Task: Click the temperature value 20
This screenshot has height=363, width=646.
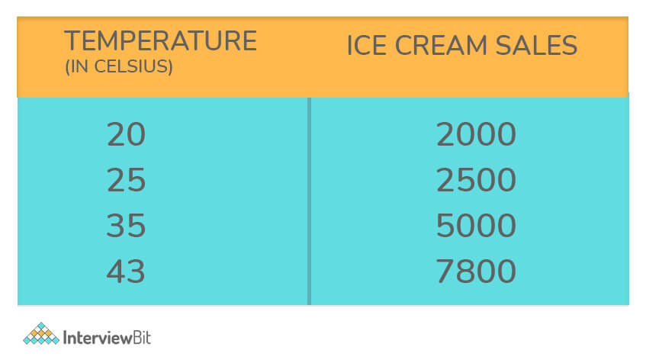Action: pos(126,134)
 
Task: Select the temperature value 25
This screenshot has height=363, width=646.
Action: pos(126,180)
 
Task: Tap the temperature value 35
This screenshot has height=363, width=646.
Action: pos(126,226)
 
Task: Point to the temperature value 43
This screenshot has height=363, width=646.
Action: pos(126,271)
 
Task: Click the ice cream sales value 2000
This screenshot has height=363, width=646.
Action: pos(476,134)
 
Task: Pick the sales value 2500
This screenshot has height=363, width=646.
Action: pos(476,180)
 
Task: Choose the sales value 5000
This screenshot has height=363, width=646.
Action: pos(476,226)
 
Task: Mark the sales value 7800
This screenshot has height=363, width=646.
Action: pos(476,271)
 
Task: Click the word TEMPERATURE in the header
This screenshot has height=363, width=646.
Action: pos(161,40)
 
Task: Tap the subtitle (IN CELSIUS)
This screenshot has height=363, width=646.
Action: pos(119,66)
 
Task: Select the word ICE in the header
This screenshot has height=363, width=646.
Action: pos(367,45)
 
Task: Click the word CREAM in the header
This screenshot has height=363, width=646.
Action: pos(441,45)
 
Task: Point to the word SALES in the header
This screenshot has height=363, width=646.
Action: pos(536,45)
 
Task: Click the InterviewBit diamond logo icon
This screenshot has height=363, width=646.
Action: pos(41,334)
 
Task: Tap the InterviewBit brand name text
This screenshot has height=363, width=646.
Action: pos(107,338)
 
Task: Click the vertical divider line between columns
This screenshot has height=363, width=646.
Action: pos(309,201)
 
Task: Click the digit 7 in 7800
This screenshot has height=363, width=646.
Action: pos(445,271)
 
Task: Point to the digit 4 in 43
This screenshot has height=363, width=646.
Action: pos(116,271)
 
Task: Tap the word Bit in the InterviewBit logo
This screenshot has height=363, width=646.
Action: pos(142,338)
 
